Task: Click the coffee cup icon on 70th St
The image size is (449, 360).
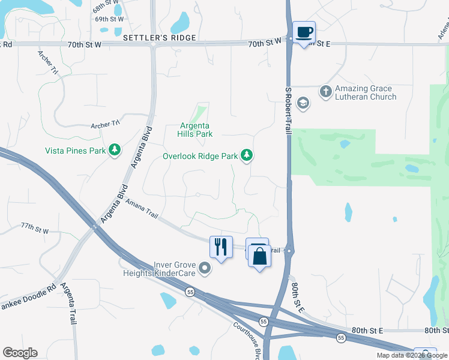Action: pyautogui.click(x=304, y=32)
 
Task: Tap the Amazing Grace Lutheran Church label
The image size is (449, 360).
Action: pyautogui.click(x=366, y=92)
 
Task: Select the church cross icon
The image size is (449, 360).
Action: pyautogui.click(x=325, y=92)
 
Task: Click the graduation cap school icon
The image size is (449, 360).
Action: pyautogui.click(x=303, y=104)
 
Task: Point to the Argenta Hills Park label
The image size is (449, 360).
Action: pyautogui.click(x=196, y=130)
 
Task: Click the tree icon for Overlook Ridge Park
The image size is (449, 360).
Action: pyautogui.click(x=246, y=156)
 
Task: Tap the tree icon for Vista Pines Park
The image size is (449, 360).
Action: pyautogui.click(x=115, y=150)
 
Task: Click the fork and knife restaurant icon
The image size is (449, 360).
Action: pyautogui.click(x=221, y=247)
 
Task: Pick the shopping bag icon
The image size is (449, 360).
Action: pyautogui.click(x=260, y=256)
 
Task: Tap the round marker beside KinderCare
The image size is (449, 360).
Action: pyautogui.click(x=205, y=268)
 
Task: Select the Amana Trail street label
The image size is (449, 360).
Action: pyautogui.click(x=142, y=211)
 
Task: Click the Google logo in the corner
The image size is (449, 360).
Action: pyautogui.click(x=20, y=353)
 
